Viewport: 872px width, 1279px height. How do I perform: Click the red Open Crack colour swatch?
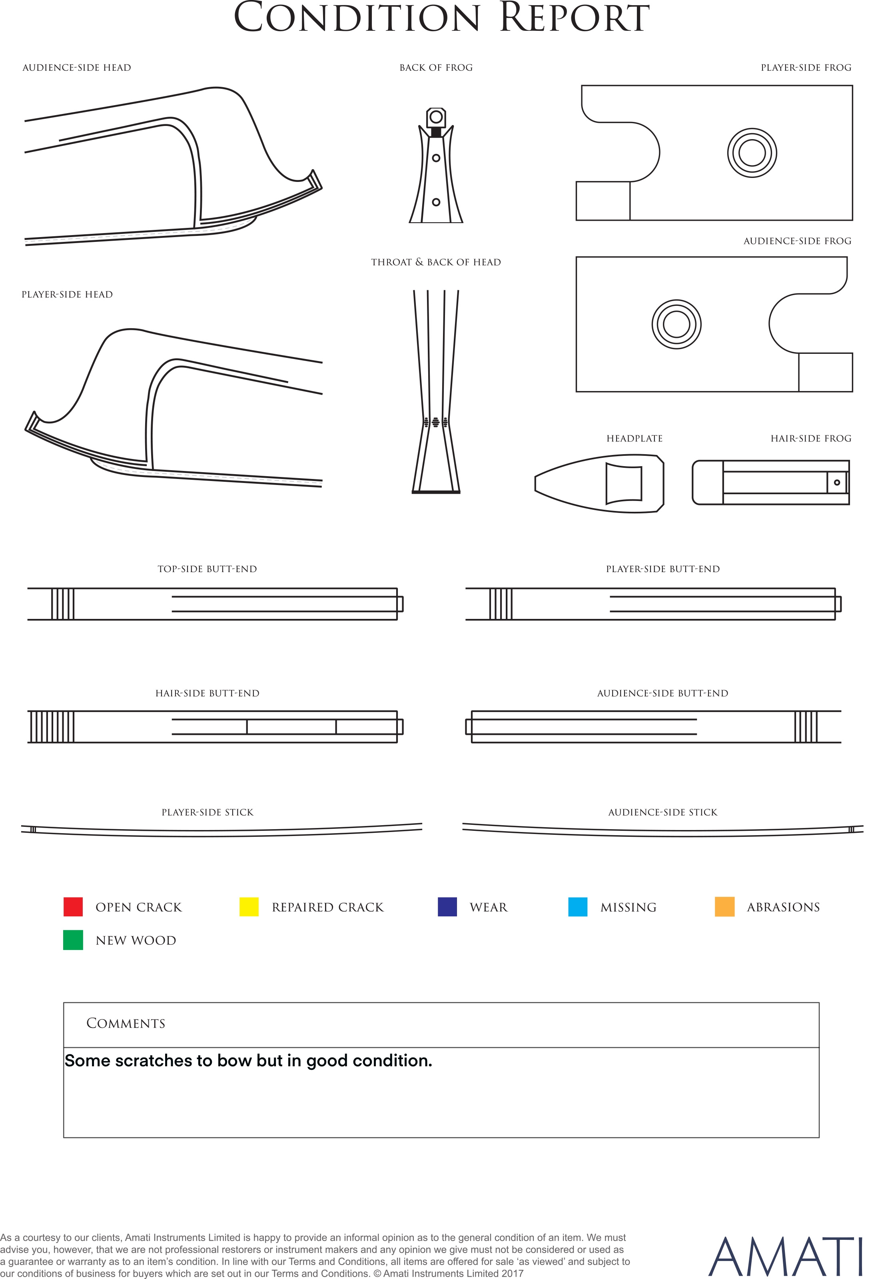pos(73,906)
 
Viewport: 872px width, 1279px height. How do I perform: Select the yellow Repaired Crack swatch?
pos(249,906)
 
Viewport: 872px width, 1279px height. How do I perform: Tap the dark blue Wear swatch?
pos(447,906)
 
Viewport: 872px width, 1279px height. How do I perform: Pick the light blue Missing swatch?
pos(577,906)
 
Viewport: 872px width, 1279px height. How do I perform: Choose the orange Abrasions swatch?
pos(724,906)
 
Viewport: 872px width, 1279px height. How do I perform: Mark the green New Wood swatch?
pos(73,940)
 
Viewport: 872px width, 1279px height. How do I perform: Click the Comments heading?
pos(126,1023)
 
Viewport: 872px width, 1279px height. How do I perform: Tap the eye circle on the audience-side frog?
pos(676,324)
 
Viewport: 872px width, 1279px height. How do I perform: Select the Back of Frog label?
pos(436,68)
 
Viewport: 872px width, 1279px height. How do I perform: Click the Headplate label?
pos(634,439)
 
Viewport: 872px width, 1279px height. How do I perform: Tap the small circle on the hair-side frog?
pos(837,483)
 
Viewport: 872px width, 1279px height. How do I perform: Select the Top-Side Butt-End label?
pos(207,569)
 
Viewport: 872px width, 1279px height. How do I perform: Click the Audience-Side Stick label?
pos(663,812)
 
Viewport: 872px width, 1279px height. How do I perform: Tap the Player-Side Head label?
pos(67,294)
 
